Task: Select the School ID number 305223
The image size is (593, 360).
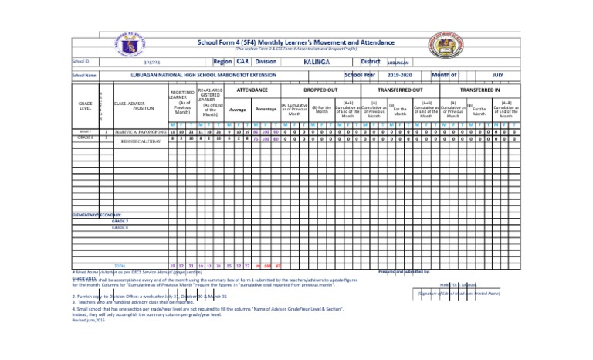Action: pos(152,61)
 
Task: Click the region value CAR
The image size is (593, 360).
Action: pos(242,60)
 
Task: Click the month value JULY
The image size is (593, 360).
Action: pos(499,76)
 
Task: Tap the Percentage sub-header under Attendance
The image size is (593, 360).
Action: pos(266,110)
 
